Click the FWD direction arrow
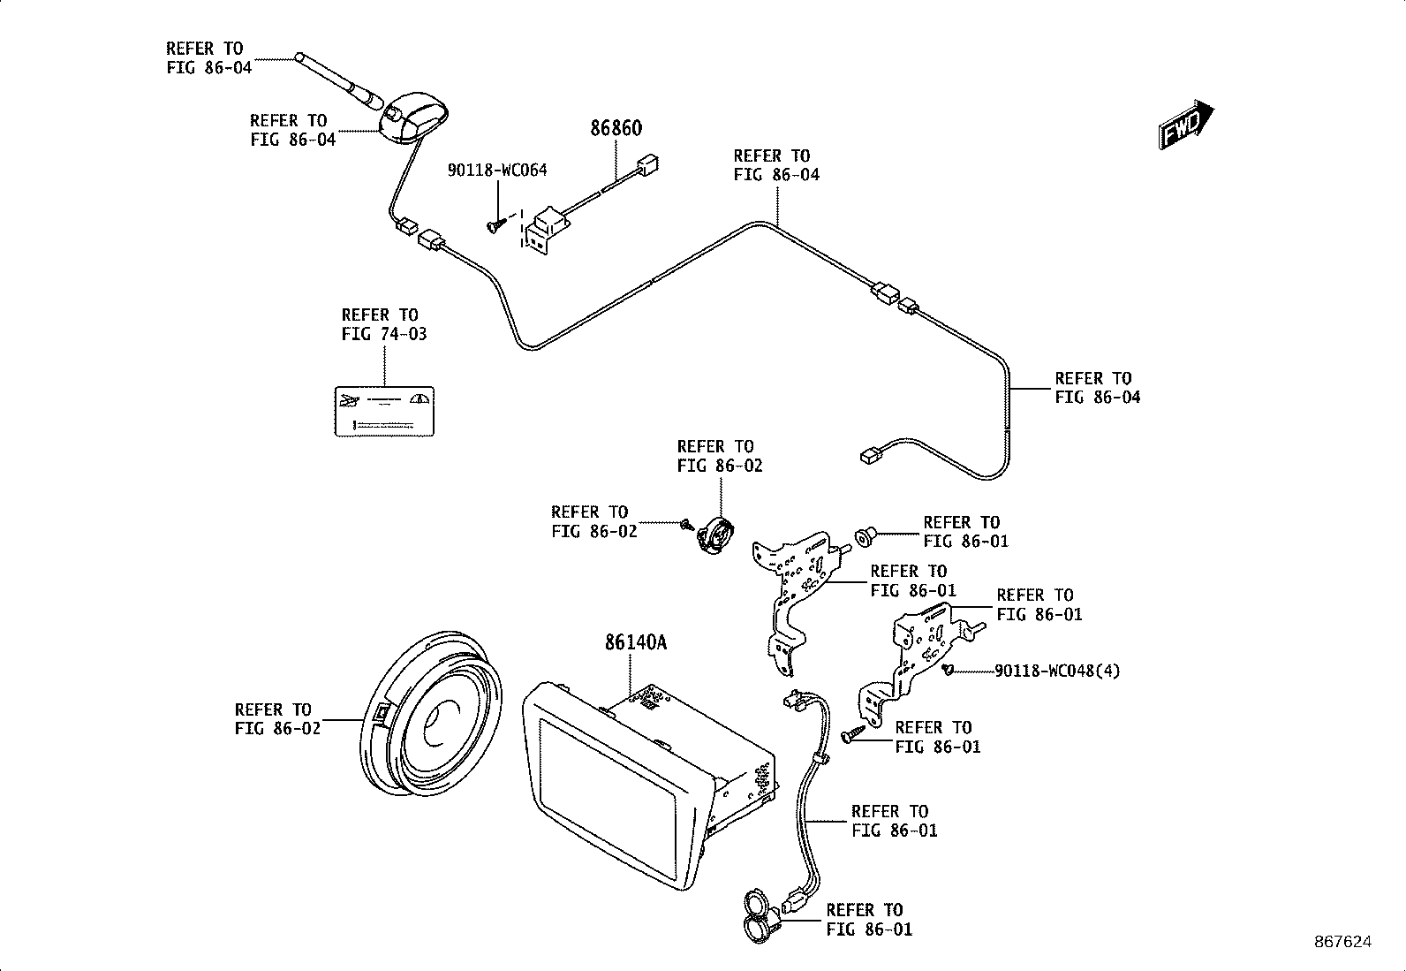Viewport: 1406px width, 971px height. pos(1186,125)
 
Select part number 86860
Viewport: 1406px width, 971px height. pos(616,128)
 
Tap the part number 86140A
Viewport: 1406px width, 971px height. pos(635,642)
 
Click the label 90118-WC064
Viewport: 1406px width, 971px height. pos(497,171)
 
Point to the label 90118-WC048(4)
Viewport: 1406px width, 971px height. pos(1057,671)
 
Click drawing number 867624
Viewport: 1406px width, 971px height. pos(1343,943)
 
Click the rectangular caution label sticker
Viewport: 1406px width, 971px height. pos(384,411)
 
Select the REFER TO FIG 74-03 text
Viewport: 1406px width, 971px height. pos(383,324)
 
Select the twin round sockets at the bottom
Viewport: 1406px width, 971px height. pos(757,914)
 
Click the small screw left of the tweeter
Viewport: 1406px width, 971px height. pos(687,526)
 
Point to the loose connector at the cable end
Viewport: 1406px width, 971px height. pos(869,456)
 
